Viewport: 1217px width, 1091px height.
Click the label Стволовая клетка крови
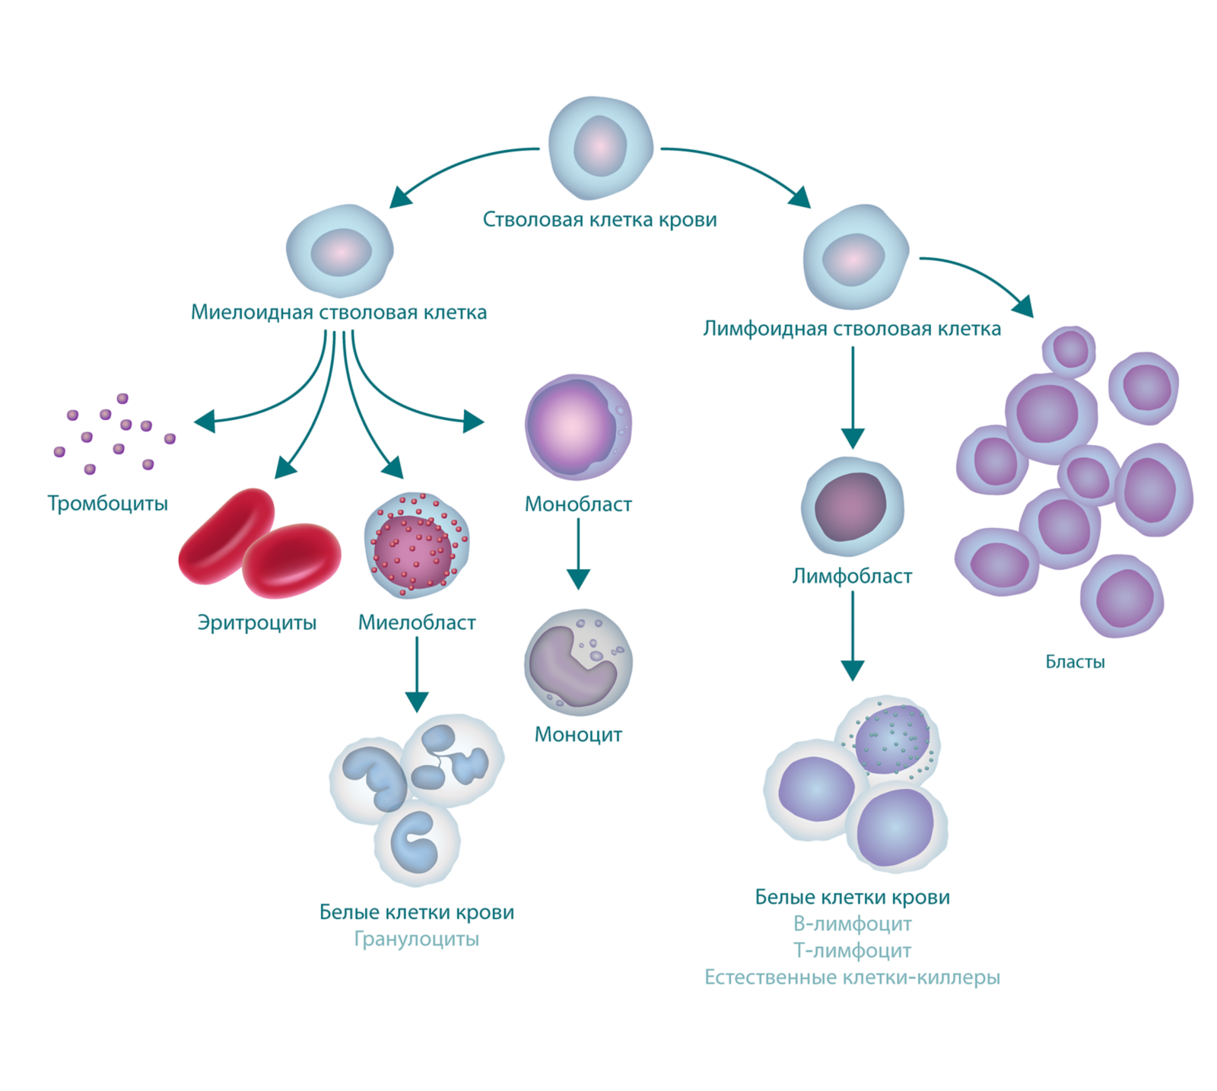pyautogui.click(x=599, y=220)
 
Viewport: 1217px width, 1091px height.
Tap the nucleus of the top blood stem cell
pyautogui.click(x=600, y=146)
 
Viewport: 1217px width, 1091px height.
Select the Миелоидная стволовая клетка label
pyautogui.click(x=338, y=313)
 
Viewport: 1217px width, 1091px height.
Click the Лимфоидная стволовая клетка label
pyautogui.click(x=852, y=329)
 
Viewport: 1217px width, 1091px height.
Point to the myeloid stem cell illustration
pyautogui.click(x=340, y=250)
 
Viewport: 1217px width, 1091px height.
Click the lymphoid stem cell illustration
pyautogui.click(x=856, y=257)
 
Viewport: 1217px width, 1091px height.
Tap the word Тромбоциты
pyautogui.click(x=107, y=504)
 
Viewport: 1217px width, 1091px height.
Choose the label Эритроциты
pyautogui.click(x=257, y=622)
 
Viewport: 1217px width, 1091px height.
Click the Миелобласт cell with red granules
pyautogui.click(x=417, y=545)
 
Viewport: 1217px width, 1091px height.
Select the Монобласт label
pyautogui.click(x=578, y=504)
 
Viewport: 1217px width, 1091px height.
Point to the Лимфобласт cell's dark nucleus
pyautogui.click(x=851, y=507)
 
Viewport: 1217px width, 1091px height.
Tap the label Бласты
pyautogui.click(x=1075, y=662)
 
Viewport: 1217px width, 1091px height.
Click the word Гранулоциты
pyautogui.click(x=417, y=940)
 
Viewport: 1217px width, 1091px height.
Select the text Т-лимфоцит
pyautogui.click(x=852, y=951)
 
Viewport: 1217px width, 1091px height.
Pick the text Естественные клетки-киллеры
pyautogui.click(x=852, y=978)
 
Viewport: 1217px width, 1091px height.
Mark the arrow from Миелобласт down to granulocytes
pyautogui.click(x=417, y=675)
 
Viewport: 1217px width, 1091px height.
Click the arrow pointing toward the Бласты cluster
pyautogui.click(x=982, y=275)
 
